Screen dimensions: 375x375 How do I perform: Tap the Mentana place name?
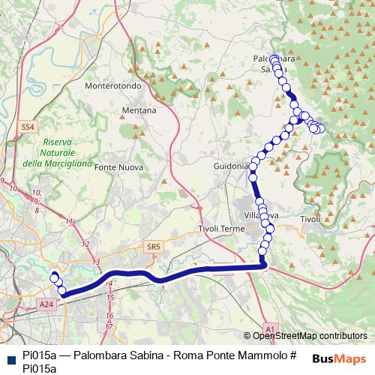coord(139,110)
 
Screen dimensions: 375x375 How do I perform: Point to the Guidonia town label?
coord(230,166)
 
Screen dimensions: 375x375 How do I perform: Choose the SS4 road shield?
coord(28,127)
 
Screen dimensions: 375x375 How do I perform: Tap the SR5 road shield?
coord(154,245)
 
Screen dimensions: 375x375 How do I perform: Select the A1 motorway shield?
coord(271,327)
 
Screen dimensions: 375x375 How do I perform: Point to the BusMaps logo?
coord(337,358)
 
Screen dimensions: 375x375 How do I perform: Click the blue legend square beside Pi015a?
coord(8,358)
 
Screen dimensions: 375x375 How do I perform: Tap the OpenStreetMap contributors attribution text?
coord(310,336)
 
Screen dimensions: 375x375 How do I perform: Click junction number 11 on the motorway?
coord(70,221)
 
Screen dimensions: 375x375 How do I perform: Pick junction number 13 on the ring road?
coord(95,262)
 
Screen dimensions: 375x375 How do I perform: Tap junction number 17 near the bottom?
coord(109,327)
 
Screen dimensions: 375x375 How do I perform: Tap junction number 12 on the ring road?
coord(85,244)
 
